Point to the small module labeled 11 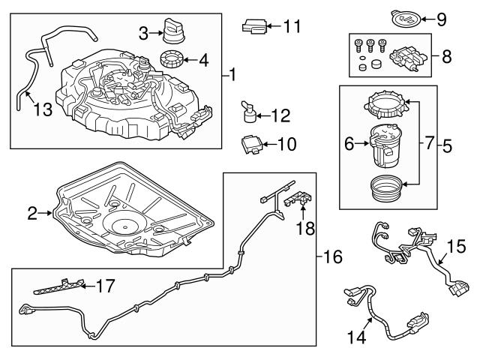[254, 28]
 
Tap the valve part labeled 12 [248, 115]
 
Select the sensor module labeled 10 [252, 143]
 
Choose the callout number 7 [430, 142]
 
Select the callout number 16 [331, 257]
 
